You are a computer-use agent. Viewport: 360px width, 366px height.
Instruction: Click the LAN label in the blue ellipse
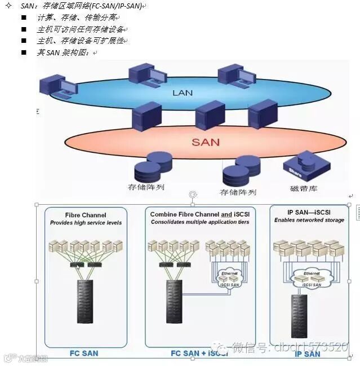(x=182, y=92)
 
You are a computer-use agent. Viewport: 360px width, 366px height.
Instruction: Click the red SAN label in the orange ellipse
(x=205, y=142)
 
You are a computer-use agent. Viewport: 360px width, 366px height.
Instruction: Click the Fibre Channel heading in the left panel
(x=86, y=215)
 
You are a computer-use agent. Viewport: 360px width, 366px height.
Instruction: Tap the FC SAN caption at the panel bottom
(x=84, y=354)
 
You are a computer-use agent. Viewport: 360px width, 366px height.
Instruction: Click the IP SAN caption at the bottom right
(x=308, y=354)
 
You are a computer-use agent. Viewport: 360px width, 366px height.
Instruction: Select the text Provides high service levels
(x=86, y=223)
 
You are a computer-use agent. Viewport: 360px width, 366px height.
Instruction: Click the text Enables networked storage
(x=309, y=220)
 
